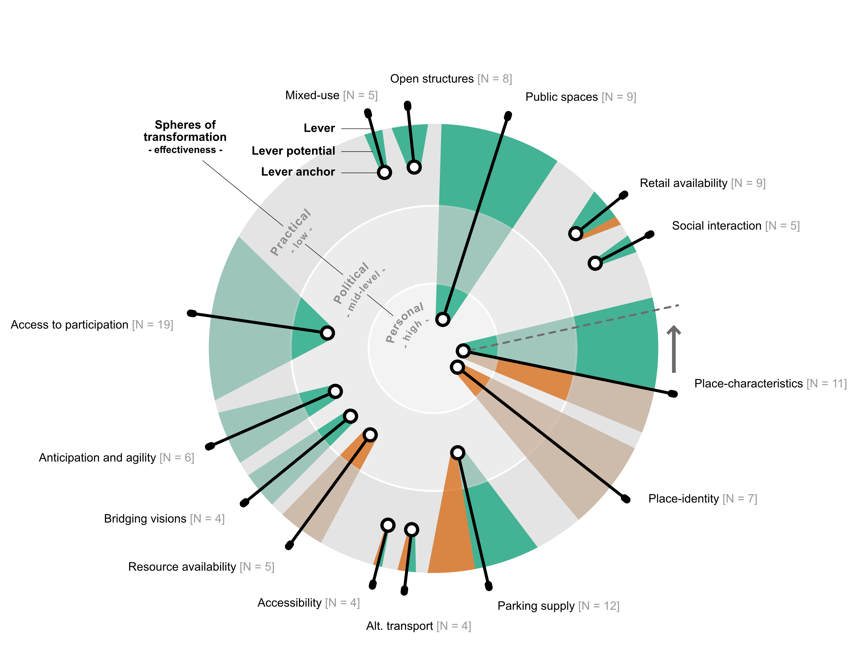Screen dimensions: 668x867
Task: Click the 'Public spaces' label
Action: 561,97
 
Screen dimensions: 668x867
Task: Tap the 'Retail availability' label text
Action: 683,183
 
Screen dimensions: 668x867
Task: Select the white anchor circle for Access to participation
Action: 327,333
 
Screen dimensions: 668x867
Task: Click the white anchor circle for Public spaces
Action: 443,319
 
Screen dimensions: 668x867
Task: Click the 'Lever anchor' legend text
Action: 298,172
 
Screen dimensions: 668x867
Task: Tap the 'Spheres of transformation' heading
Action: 185,131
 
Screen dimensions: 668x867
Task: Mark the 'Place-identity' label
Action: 683,499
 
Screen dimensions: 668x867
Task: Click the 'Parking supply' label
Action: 536,606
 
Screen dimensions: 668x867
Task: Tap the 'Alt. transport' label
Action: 399,626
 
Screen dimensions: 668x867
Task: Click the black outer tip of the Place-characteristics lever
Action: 673,394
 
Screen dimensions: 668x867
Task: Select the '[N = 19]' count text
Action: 153,325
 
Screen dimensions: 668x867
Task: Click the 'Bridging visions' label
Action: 145,519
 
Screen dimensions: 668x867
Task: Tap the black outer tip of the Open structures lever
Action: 407,106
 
